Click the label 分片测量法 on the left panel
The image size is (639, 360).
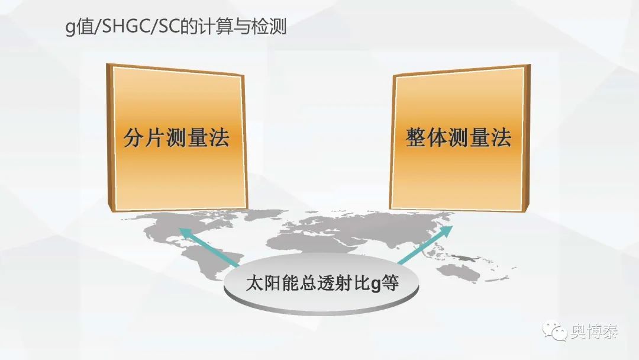click(x=176, y=137)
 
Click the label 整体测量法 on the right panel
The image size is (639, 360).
click(x=459, y=137)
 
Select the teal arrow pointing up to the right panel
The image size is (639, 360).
click(x=425, y=245)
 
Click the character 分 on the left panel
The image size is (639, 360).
click(x=134, y=137)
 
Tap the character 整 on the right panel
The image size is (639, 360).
click(x=416, y=137)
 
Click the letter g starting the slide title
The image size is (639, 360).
click(x=70, y=28)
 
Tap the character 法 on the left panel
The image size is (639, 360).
click(x=220, y=137)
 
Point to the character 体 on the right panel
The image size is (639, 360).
click(x=437, y=137)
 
